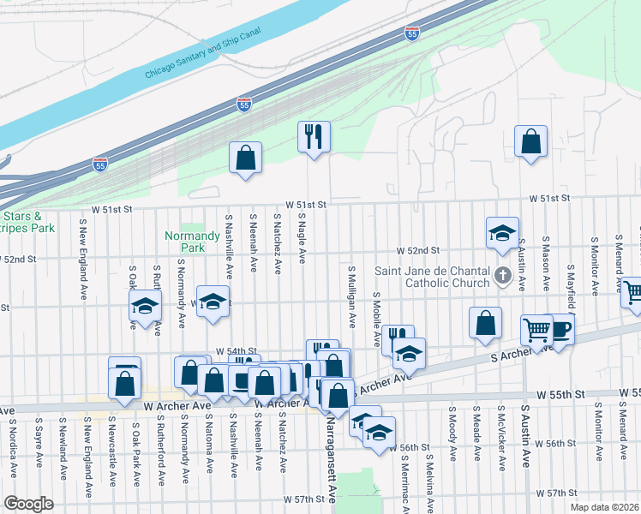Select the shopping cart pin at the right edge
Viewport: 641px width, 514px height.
click(632, 294)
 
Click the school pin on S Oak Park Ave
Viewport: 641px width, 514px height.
click(146, 306)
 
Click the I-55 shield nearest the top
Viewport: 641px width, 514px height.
click(412, 33)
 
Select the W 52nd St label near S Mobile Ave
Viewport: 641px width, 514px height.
click(417, 251)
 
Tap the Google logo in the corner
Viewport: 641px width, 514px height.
click(29, 504)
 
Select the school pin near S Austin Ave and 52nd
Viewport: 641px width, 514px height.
click(502, 232)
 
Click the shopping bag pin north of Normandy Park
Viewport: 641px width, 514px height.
click(245, 158)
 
